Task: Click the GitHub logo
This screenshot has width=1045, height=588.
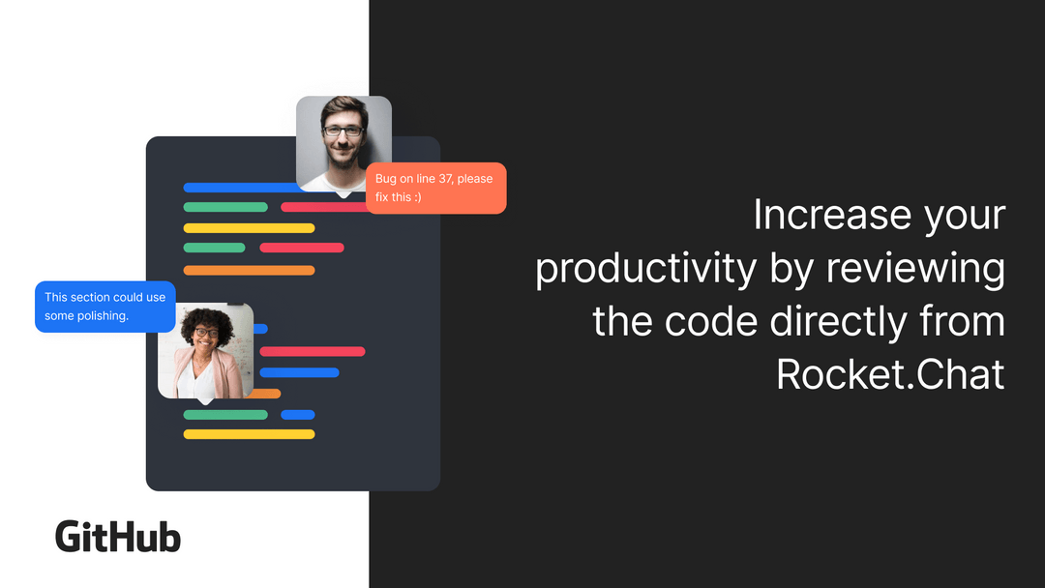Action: coord(118,537)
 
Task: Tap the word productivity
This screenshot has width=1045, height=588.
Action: coord(646,269)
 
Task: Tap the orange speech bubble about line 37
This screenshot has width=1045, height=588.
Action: coord(436,189)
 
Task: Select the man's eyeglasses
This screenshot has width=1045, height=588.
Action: coord(343,130)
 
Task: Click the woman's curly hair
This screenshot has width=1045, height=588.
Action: coord(206,318)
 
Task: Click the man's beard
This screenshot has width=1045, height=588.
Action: coord(343,158)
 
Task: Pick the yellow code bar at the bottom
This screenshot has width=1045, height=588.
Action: coord(249,434)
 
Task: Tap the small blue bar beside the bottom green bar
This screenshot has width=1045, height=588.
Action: coord(298,415)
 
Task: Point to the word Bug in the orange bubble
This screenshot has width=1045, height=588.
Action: coord(386,179)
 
